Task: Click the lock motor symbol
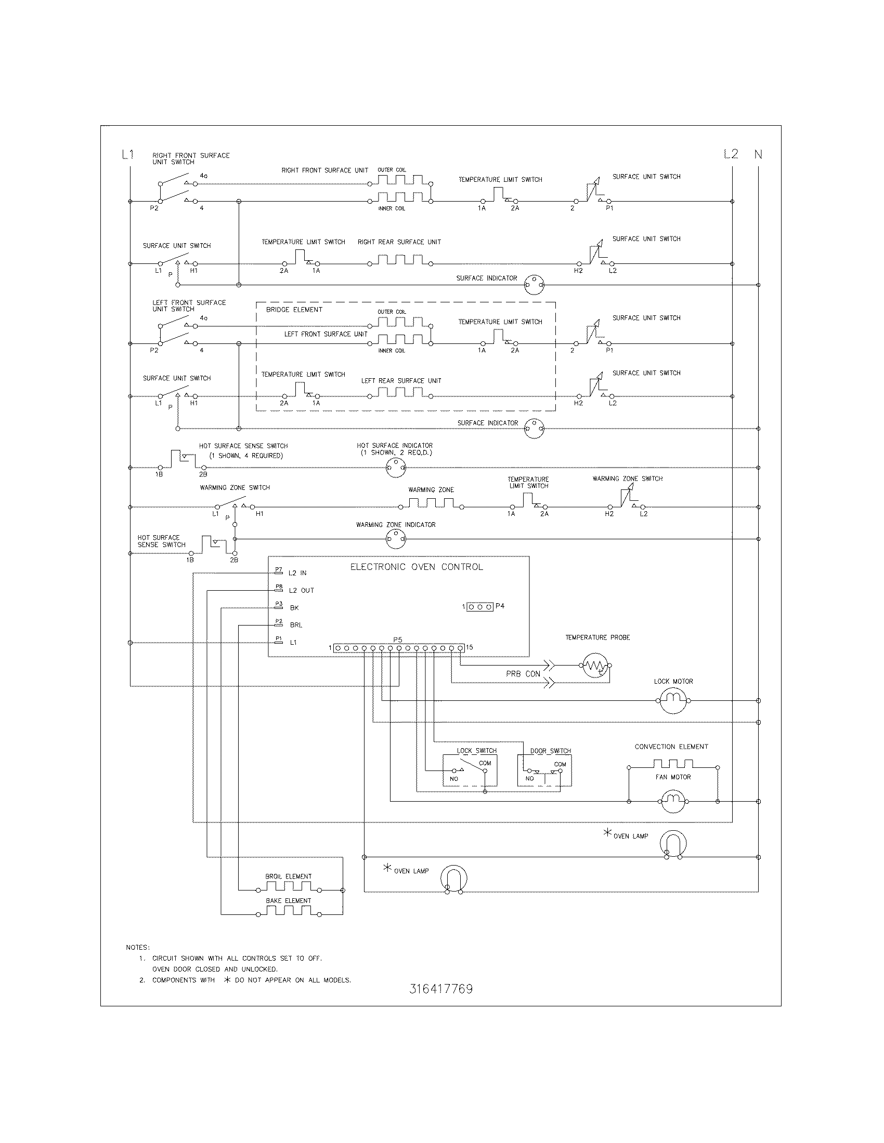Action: pos(673,700)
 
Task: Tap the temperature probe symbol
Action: pos(595,666)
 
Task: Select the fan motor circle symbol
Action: pos(673,801)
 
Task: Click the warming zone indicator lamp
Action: pos(395,539)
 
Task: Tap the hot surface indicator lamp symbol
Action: pos(395,468)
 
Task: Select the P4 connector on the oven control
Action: pos(480,606)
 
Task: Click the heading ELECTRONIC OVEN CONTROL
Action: pos(417,567)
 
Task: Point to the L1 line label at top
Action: pos(128,154)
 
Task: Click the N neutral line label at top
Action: pos(758,154)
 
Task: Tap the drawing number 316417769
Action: pos(441,989)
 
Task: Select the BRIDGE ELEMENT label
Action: pos(294,310)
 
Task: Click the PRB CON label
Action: pos(523,674)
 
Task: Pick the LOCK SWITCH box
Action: pos(470,770)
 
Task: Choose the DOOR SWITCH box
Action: pos(544,770)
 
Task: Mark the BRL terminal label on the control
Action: pos(296,626)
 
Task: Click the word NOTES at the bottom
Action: pos(138,947)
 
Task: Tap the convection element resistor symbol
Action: pos(672,764)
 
